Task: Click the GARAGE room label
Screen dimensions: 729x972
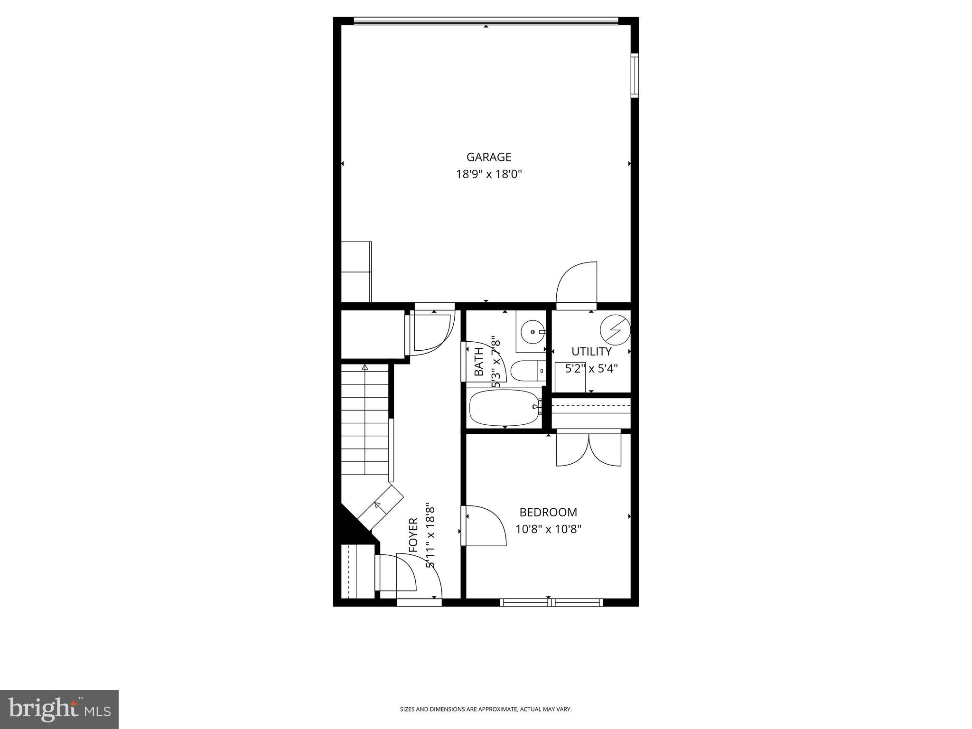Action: coord(488,157)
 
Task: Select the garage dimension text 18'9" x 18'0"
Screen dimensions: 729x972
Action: coord(489,174)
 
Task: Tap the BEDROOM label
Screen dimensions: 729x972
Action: coord(548,512)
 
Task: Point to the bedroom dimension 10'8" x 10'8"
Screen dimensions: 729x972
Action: coord(548,529)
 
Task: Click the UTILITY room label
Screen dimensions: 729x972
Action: coord(591,352)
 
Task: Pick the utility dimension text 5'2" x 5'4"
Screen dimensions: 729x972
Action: coord(591,369)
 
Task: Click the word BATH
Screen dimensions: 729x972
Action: coord(479,362)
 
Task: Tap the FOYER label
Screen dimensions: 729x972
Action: coord(413,535)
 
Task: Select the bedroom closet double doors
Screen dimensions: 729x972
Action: coord(589,449)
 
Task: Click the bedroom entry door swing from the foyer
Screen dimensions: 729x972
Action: coord(485,525)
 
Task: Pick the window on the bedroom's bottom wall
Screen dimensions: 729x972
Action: coord(551,602)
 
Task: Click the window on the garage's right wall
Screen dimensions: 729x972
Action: coord(635,76)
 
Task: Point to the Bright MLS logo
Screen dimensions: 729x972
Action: coord(59,710)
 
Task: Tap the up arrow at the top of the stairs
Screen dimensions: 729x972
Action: coord(364,367)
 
